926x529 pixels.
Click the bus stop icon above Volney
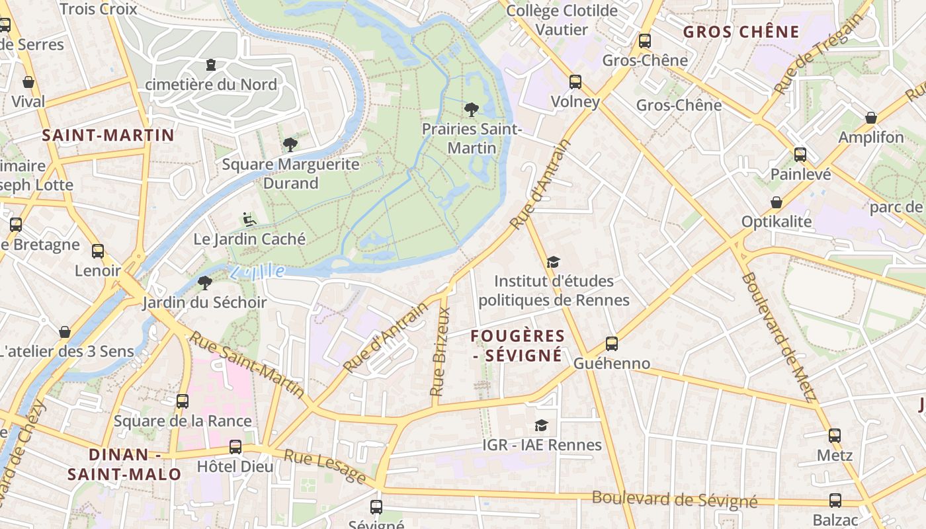click(575, 82)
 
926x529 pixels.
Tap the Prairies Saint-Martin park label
click(472, 138)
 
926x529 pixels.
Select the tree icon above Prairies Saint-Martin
click(471, 109)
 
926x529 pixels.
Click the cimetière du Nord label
click(210, 85)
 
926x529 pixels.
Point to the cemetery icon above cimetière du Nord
click(210, 65)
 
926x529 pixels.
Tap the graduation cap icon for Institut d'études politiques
click(553, 263)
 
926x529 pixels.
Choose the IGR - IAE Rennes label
click(542, 445)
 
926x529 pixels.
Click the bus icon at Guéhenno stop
click(612, 344)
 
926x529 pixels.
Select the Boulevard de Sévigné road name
click(675, 499)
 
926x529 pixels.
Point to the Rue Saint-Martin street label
click(247, 366)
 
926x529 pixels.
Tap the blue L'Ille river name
click(257, 271)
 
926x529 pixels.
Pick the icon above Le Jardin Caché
click(249, 219)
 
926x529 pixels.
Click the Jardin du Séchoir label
click(204, 303)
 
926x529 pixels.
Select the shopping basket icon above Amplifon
click(871, 118)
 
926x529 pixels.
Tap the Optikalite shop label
click(776, 222)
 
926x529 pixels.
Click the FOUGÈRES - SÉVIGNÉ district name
click(518, 346)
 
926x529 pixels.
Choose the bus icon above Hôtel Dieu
click(235, 446)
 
